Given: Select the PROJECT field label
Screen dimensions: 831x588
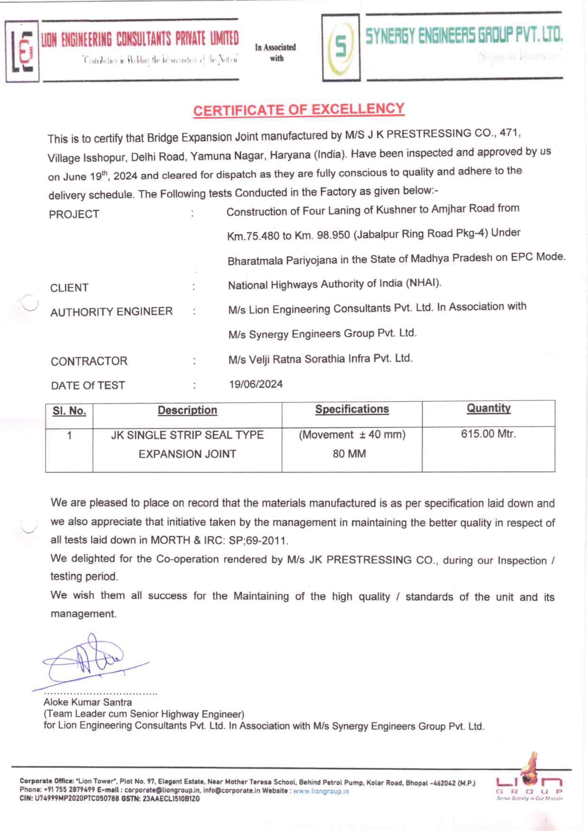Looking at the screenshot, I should tap(74, 214).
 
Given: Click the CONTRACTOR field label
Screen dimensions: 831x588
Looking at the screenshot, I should tap(89, 361).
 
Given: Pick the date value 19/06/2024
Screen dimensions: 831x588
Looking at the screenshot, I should tap(256, 384).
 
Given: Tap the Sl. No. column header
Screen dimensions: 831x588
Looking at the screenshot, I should tap(69, 411).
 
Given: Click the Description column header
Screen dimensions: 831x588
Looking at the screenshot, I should tap(187, 410).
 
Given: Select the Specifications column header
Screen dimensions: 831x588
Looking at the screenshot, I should tap(352, 409).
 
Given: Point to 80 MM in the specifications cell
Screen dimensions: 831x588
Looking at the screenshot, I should tap(349, 454).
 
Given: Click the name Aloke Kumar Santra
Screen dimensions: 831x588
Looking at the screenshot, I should tap(88, 702).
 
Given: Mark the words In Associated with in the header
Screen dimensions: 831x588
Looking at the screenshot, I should tap(275, 52).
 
